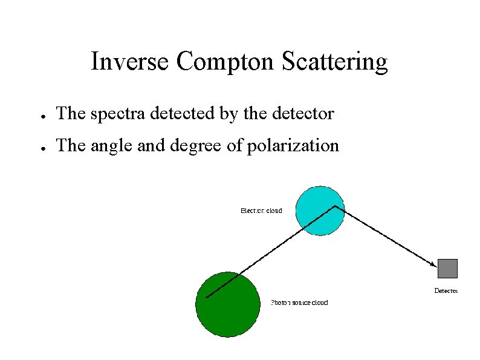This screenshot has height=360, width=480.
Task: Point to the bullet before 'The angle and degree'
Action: point(37,148)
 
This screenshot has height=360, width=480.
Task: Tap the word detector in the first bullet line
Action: point(303,113)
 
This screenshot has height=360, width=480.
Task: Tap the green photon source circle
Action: point(227,304)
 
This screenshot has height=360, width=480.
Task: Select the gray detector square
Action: point(447,268)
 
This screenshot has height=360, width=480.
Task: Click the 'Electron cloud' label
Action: point(261,211)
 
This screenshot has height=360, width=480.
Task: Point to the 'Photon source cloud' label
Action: point(299,303)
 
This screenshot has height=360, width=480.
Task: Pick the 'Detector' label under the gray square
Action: point(446,291)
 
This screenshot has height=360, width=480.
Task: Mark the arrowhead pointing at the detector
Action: point(433,264)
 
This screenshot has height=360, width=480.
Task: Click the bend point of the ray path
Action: point(335,206)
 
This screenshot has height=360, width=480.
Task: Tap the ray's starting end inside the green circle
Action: point(207,297)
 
